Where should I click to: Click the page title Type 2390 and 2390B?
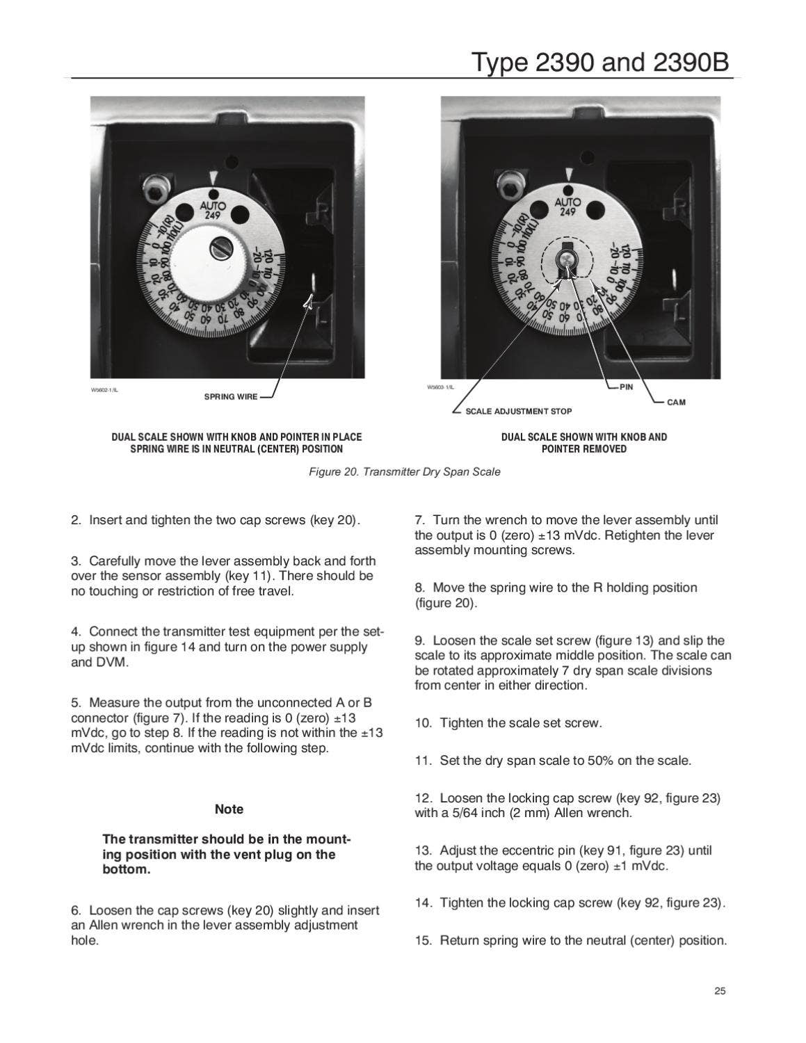point(601,63)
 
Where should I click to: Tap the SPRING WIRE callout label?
point(230,397)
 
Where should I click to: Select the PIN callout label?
point(627,387)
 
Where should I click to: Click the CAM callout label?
point(676,403)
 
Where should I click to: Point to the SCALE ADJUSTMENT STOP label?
point(518,412)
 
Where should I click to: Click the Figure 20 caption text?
point(404,472)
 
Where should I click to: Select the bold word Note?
point(229,809)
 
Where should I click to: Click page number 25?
point(720,992)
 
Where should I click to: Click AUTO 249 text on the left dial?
point(213,210)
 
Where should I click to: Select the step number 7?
point(419,520)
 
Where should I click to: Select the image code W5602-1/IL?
point(104,390)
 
